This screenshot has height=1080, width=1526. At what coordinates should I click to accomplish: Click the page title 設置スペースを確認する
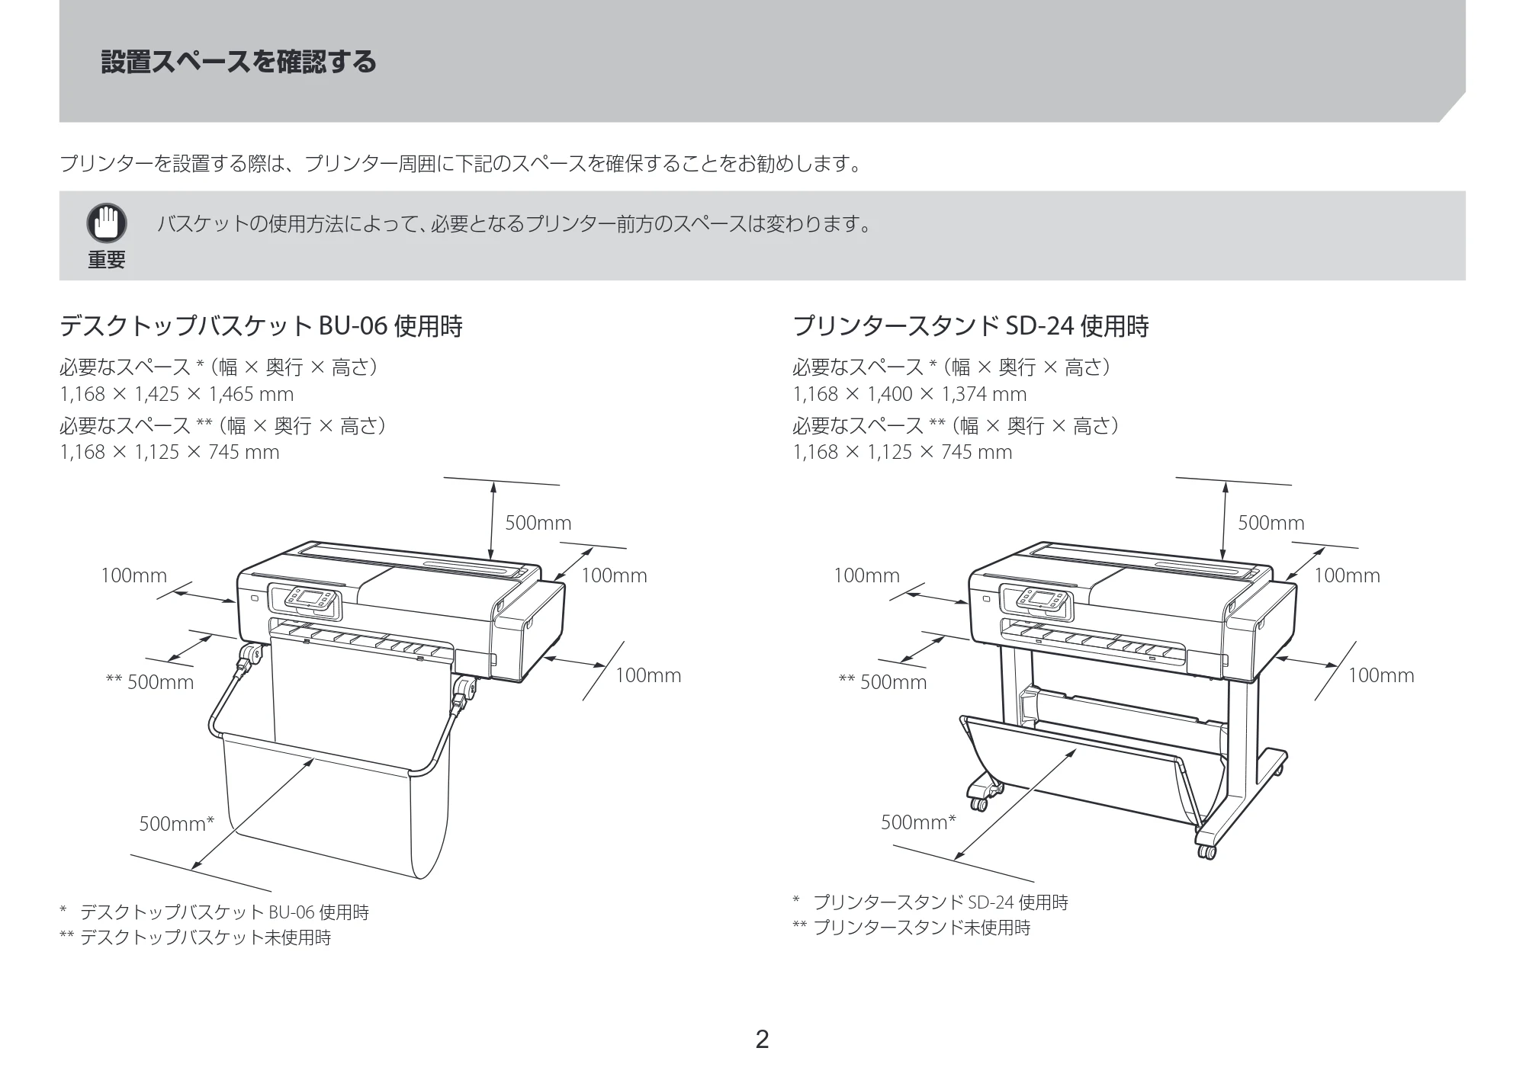[239, 62]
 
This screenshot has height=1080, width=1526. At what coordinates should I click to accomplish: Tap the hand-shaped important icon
[106, 223]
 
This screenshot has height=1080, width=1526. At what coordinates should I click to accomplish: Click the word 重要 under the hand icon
[106, 260]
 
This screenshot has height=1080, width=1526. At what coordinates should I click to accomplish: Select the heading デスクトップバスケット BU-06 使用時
[261, 326]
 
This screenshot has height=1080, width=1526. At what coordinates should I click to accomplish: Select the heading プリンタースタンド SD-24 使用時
[971, 326]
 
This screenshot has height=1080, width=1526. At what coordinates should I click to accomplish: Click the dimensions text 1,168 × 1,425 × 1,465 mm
[177, 394]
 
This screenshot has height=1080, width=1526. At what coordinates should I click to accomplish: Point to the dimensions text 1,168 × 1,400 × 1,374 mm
[910, 394]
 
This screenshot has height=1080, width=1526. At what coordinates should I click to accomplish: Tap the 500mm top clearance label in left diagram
[538, 523]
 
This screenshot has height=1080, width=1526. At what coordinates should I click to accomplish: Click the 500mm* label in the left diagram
[177, 823]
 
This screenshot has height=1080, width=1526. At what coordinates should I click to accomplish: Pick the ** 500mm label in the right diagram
[882, 682]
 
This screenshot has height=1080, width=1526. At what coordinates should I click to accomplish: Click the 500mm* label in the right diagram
[918, 822]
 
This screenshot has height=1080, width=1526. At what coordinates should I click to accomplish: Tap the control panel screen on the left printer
[311, 598]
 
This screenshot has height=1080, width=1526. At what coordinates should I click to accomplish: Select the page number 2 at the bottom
[762, 1040]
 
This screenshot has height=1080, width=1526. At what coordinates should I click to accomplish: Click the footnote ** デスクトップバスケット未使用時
[195, 937]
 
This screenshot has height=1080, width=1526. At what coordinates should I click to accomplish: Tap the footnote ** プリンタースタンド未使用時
[911, 928]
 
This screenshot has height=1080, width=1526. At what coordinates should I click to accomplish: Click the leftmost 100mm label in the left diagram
[133, 575]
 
